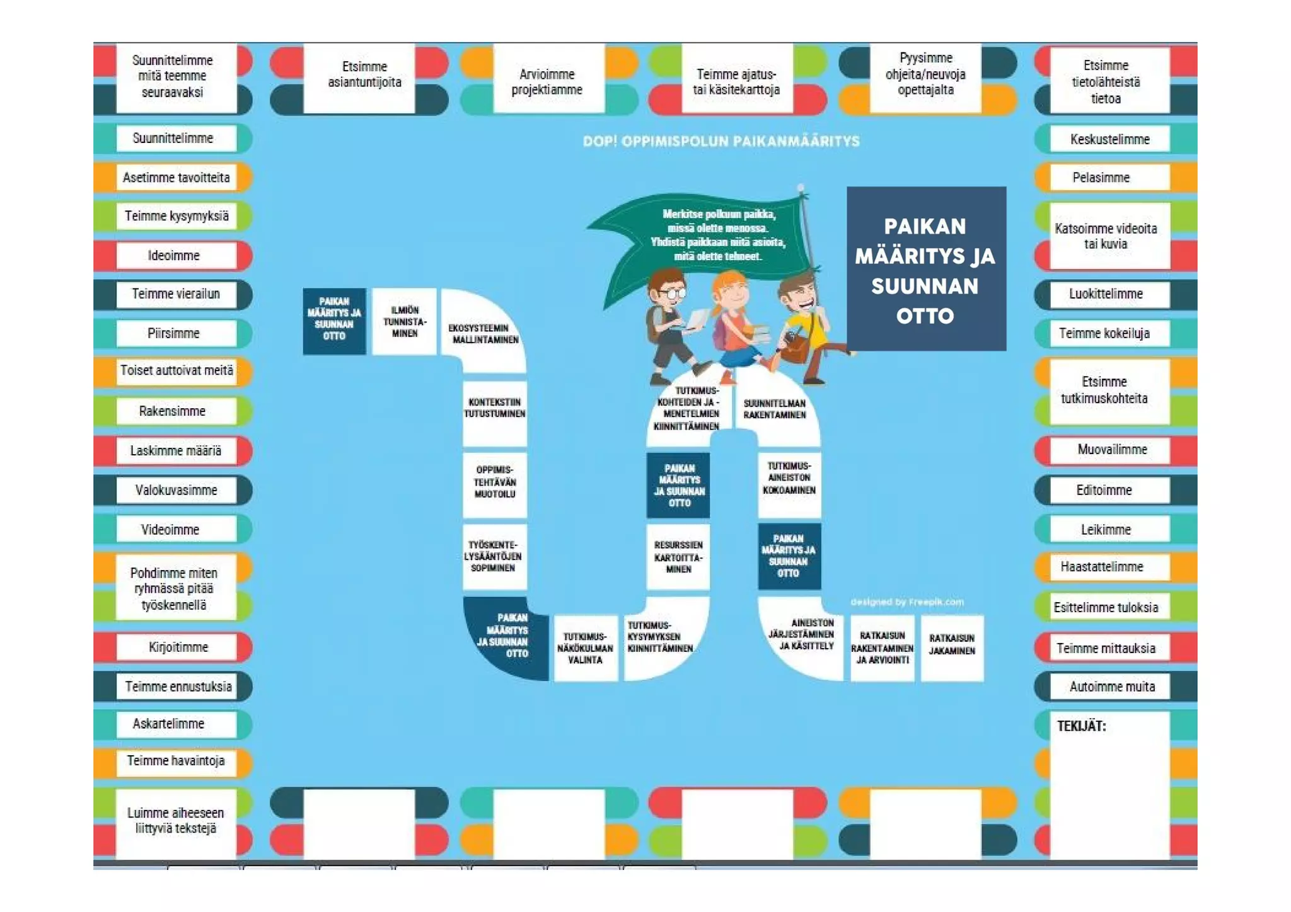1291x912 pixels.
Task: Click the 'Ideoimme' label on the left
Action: click(x=174, y=256)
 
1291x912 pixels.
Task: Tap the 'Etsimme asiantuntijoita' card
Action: click(x=364, y=75)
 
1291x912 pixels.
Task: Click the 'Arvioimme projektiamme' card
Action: click(x=547, y=83)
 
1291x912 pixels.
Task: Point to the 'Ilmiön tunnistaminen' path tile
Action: click(x=404, y=322)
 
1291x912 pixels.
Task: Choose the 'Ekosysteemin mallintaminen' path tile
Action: click(x=483, y=334)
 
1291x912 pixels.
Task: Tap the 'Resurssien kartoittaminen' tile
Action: click(x=678, y=557)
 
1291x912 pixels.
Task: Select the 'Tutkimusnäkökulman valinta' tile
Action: click(x=584, y=648)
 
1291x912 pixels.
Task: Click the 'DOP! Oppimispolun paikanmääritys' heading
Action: click(x=721, y=141)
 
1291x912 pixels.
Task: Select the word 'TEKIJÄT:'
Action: click(x=1081, y=726)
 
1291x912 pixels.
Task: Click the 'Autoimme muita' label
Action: click(x=1112, y=687)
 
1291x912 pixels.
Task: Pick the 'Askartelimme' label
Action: click(x=168, y=724)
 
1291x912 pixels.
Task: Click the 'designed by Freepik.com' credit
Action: click(x=906, y=602)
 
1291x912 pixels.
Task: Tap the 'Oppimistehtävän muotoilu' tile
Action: click(x=495, y=482)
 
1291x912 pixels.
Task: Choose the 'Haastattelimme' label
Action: click(x=1101, y=567)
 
